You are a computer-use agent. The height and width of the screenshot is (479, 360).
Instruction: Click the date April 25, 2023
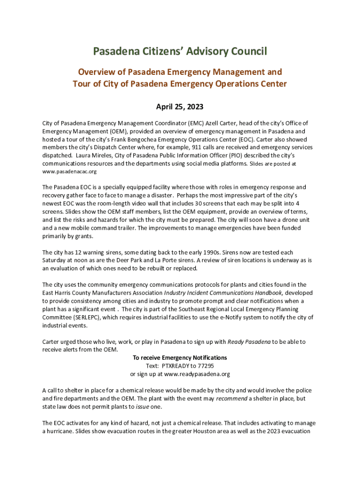click(x=180, y=107)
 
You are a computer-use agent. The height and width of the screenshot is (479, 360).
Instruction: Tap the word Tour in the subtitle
click(x=83, y=84)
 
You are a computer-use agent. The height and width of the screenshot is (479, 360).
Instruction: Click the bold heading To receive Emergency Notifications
click(x=180, y=358)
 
